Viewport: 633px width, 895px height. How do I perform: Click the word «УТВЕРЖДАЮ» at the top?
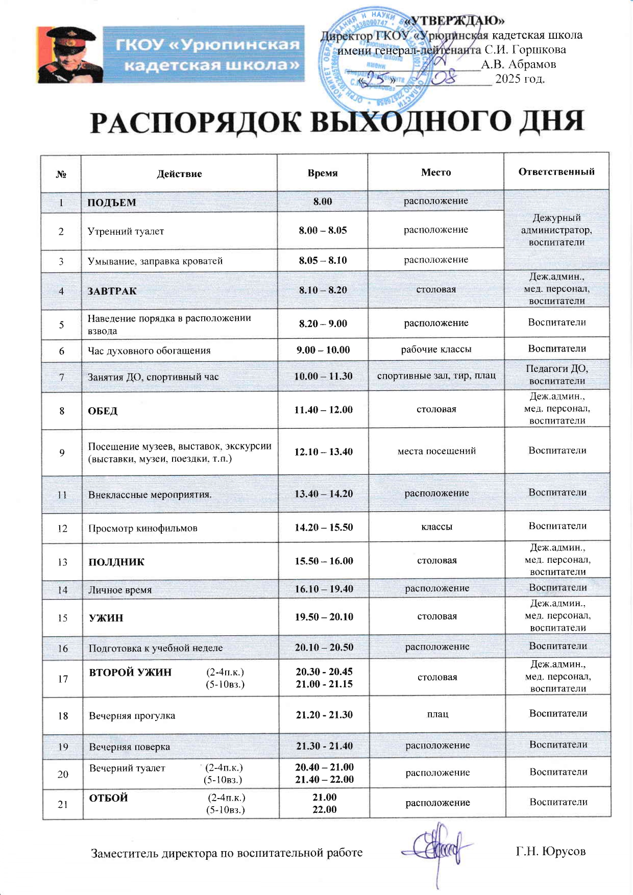coord(454,20)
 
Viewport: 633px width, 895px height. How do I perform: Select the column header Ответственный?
coord(556,172)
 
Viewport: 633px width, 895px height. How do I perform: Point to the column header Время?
coord(323,173)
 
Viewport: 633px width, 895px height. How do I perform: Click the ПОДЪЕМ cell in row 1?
coord(112,203)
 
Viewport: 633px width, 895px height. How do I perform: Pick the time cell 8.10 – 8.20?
coord(323,290)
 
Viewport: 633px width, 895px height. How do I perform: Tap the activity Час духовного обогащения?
coord(149,351)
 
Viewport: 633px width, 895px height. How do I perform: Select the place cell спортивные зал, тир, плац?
coord(436,376)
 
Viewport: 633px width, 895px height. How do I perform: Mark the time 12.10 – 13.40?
coord(323,452)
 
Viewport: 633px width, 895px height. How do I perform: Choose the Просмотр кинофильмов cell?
coord(142,528)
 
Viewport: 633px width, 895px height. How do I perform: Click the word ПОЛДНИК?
coord(116,562)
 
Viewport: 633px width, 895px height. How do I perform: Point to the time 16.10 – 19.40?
coord(324,589)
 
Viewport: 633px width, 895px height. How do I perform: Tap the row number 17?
coord(63,679)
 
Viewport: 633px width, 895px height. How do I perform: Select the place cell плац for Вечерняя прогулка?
coord(437,714)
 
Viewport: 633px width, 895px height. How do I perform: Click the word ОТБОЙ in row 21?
coord(108,798)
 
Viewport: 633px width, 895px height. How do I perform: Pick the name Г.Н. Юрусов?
coord(550,851)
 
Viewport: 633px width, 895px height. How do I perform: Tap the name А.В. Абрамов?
coord(518,64)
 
